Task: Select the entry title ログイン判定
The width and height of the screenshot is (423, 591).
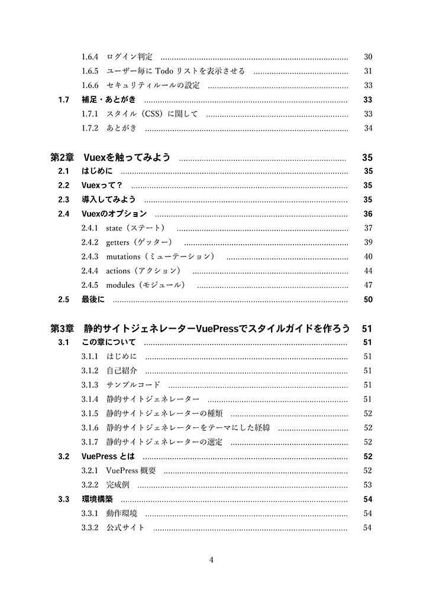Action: click(130, 57)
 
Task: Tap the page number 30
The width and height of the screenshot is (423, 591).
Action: click(367, 57)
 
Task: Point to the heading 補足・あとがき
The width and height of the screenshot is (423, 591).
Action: click(109, 99)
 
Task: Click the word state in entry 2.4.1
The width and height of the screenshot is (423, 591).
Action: click(114, 228)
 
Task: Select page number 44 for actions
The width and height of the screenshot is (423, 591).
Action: click(367, 271)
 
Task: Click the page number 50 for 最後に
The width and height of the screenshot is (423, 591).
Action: click(367, 299)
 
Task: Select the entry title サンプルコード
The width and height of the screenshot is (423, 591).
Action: click(133, 385)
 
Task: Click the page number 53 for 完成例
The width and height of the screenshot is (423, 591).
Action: click(367, 485)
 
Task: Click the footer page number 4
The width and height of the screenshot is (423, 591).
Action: click(211, 560)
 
